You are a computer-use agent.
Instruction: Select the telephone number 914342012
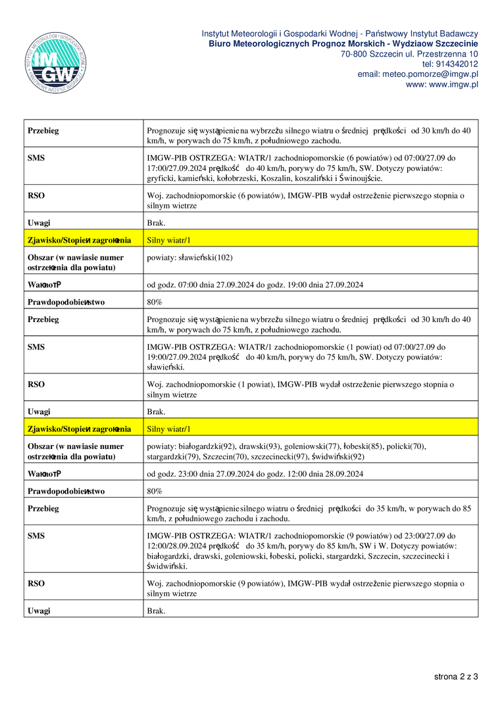click(x=450, y=64)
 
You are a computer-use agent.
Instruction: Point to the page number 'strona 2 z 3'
click(x=456, y=676)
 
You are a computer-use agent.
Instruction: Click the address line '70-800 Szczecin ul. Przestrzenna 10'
click(x=409, y=54)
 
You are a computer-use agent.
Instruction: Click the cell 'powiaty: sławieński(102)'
click(x=190, y=257)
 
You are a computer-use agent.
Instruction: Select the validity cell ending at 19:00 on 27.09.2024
click(x=255, y=285)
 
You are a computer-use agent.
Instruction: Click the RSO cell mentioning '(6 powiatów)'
click(x=306, y=200)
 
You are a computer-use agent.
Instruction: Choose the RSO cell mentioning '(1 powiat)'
click(x=301, y=389)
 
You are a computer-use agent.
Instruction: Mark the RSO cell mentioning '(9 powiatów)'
click(x=306, y=588)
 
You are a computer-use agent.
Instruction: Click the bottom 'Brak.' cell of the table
click(x=156, y=611)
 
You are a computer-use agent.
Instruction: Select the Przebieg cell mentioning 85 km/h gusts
click(x=309, y=513)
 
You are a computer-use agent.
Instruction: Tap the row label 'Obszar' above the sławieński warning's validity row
click(x=76, y=262)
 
